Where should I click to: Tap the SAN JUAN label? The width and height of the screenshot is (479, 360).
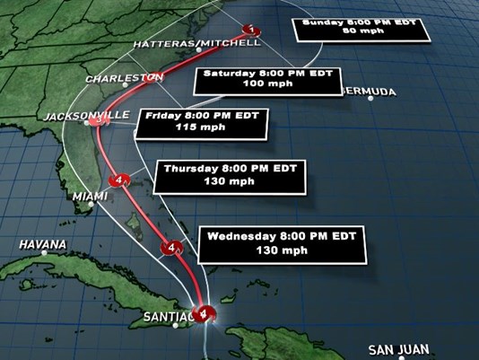pos(399,348)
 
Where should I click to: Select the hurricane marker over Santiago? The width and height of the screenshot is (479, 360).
pos(206,313)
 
